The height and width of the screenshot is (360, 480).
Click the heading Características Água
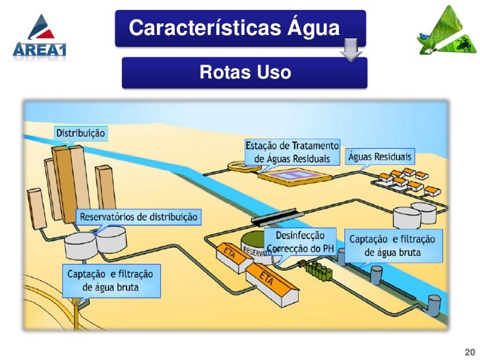coord(234,28)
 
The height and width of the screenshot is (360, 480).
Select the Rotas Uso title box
coord(244,73)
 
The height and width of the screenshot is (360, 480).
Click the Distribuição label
coord(80,133)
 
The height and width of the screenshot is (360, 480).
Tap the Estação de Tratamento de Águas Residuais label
coord(293,151)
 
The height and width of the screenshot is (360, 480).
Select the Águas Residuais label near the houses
coord(380,157)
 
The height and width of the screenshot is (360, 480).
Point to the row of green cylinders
coord(318,270)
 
